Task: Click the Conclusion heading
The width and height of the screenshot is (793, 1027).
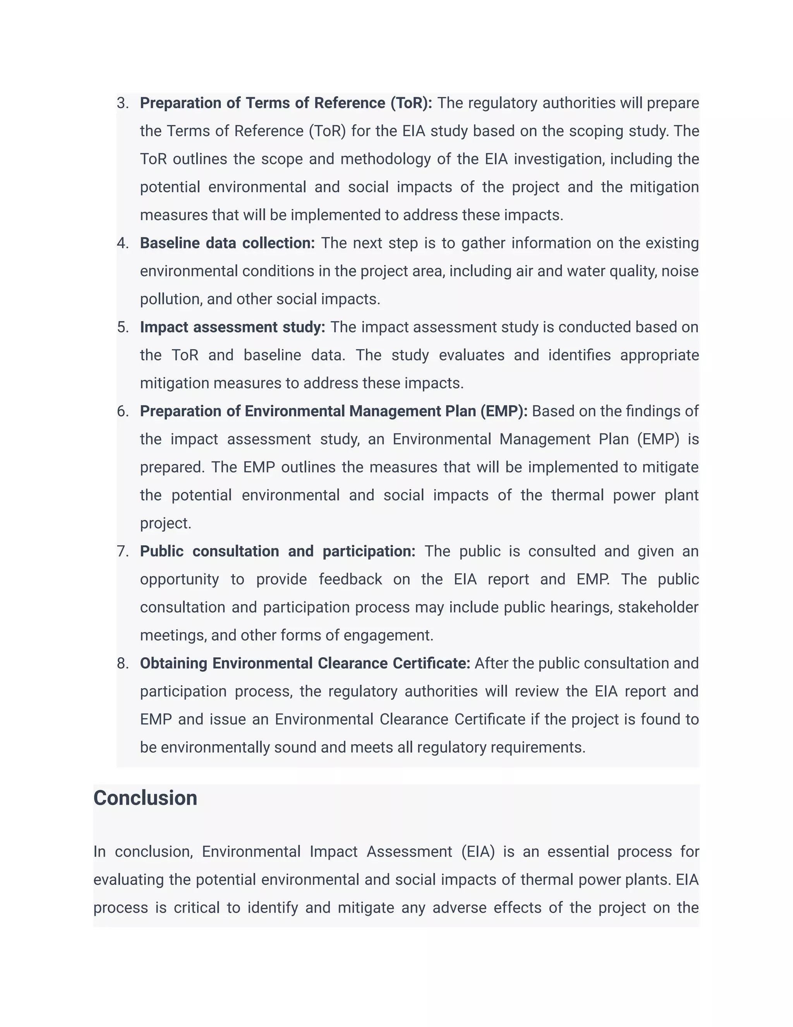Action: [x=145, y=798]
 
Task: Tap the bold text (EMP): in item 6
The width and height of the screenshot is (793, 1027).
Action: [x=504, y=412]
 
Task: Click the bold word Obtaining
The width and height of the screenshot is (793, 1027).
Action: [x=173, y=663]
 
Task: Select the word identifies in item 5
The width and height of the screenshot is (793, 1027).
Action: [x=579, y=355]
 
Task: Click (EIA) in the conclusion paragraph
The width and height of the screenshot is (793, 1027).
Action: [x=478, y=851]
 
